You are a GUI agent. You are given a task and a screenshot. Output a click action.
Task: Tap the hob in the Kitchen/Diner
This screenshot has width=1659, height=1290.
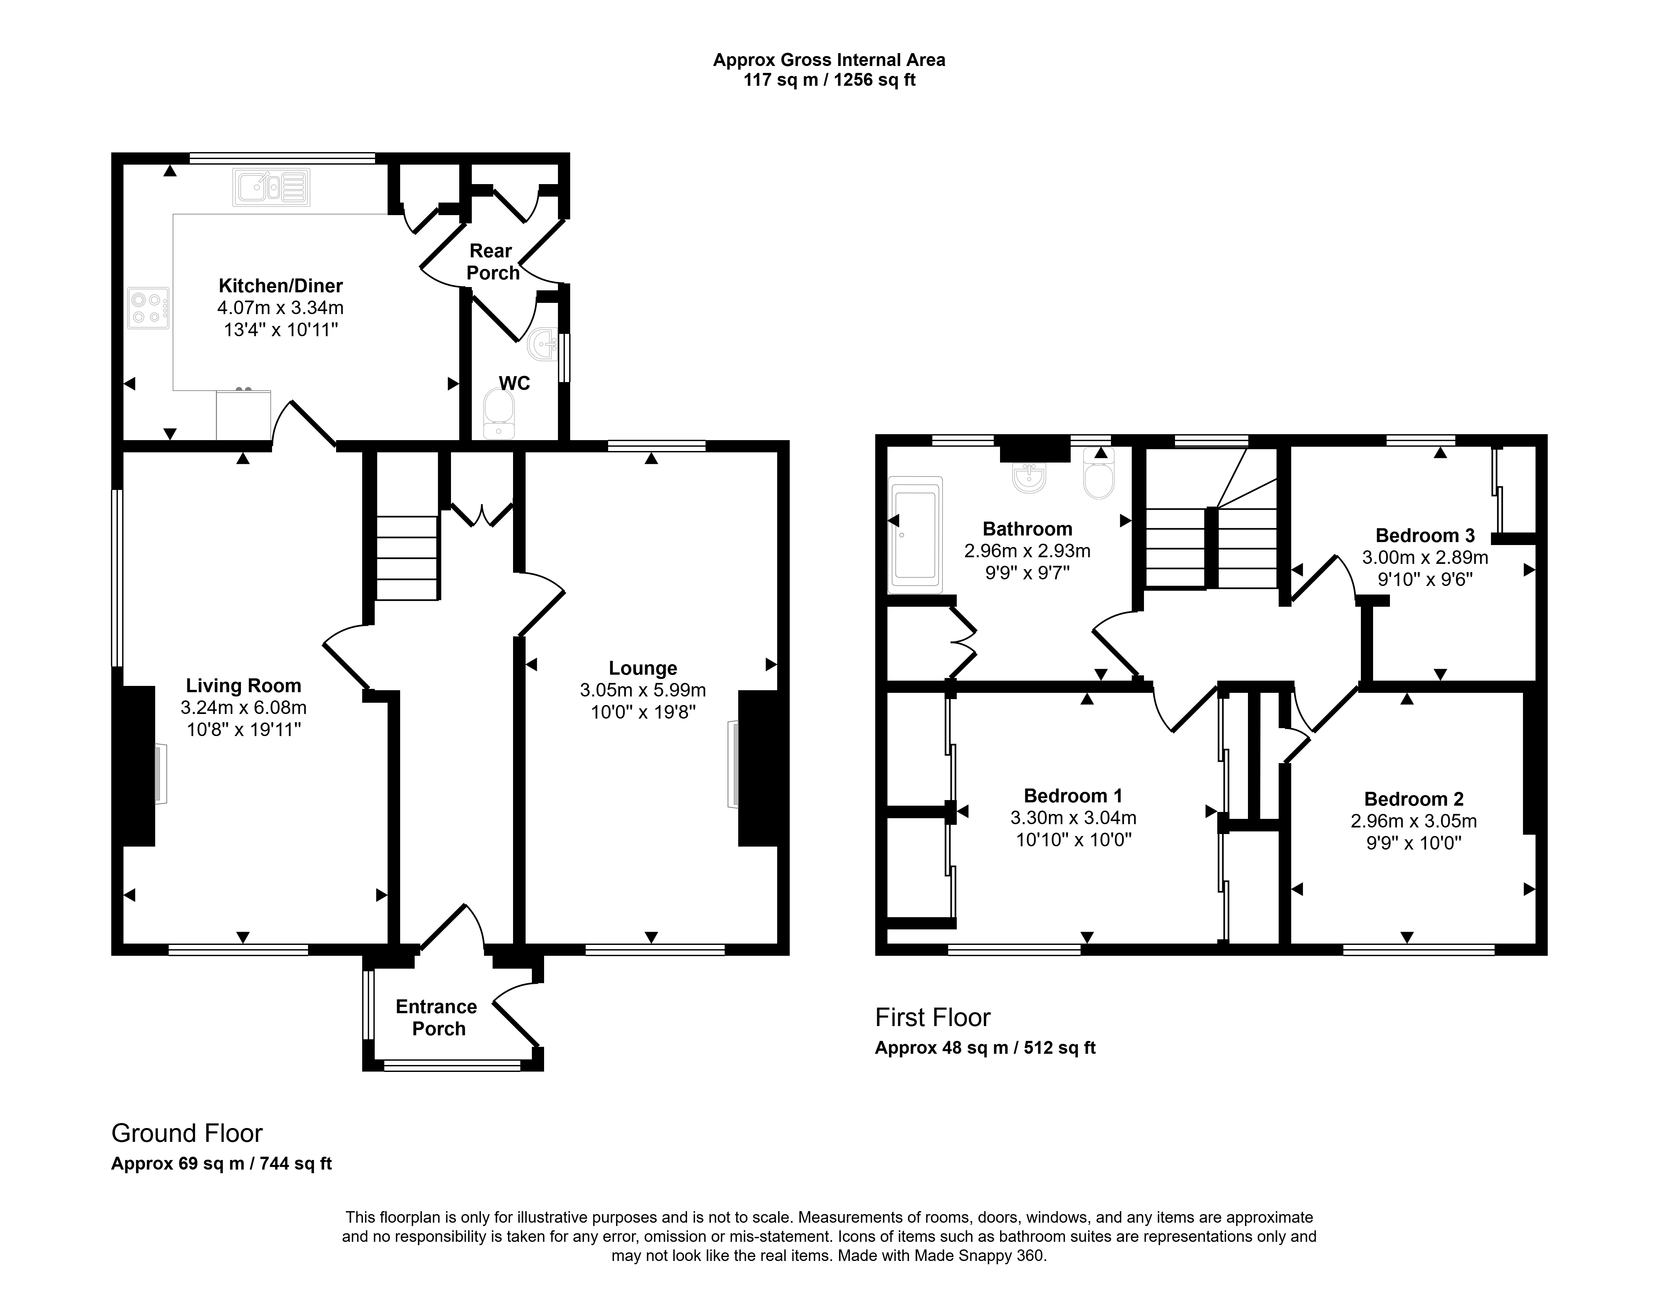148,307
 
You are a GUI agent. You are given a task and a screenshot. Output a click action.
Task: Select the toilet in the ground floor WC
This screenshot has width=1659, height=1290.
498,414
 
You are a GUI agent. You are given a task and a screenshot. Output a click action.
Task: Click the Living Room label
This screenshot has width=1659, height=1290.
244,686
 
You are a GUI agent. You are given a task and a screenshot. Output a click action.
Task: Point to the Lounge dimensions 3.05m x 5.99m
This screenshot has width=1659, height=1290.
642,690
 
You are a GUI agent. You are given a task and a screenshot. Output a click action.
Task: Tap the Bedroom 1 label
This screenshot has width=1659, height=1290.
1073,796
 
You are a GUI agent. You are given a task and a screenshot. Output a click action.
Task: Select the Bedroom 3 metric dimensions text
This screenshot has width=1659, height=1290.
1424,557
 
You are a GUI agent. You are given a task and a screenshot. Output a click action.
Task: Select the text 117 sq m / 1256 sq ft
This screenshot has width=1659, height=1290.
829,80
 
